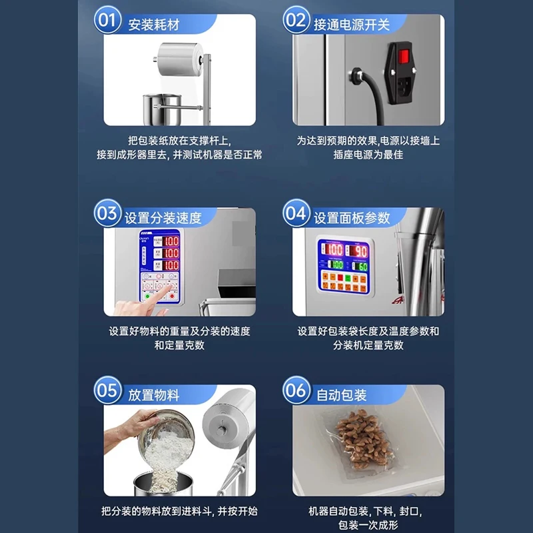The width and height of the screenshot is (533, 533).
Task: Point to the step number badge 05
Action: pos(107,391)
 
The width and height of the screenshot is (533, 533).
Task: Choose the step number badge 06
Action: pos(296,391)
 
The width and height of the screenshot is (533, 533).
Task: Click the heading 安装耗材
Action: pos(154,25)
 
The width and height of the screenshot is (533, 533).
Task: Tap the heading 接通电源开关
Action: pos(351,25)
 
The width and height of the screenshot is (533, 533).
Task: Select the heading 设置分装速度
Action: pos(163,218)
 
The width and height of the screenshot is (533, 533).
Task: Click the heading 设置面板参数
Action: pos(351,218)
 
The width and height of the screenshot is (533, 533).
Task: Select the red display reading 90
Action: pos(360,250)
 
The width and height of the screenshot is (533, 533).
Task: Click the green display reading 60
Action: pos(360,266)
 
